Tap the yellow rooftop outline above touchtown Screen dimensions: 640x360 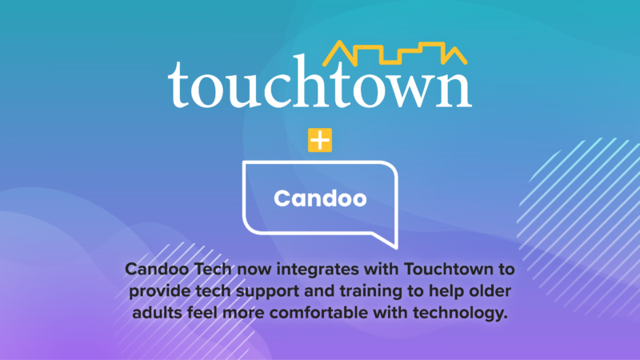[x=394, y=54]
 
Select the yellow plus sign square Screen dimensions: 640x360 [x=320, y=140]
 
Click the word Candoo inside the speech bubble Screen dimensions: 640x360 [x=320, y=198]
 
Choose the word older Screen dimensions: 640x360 [x=490, y=291]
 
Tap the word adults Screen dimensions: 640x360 [x=157, y=313]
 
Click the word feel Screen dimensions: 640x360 [x=202, y=313]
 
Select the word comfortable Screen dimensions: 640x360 [x=318, y=313]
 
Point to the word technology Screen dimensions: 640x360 [x=460, y=314]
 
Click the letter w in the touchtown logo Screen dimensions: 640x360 [x=415, y=90]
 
